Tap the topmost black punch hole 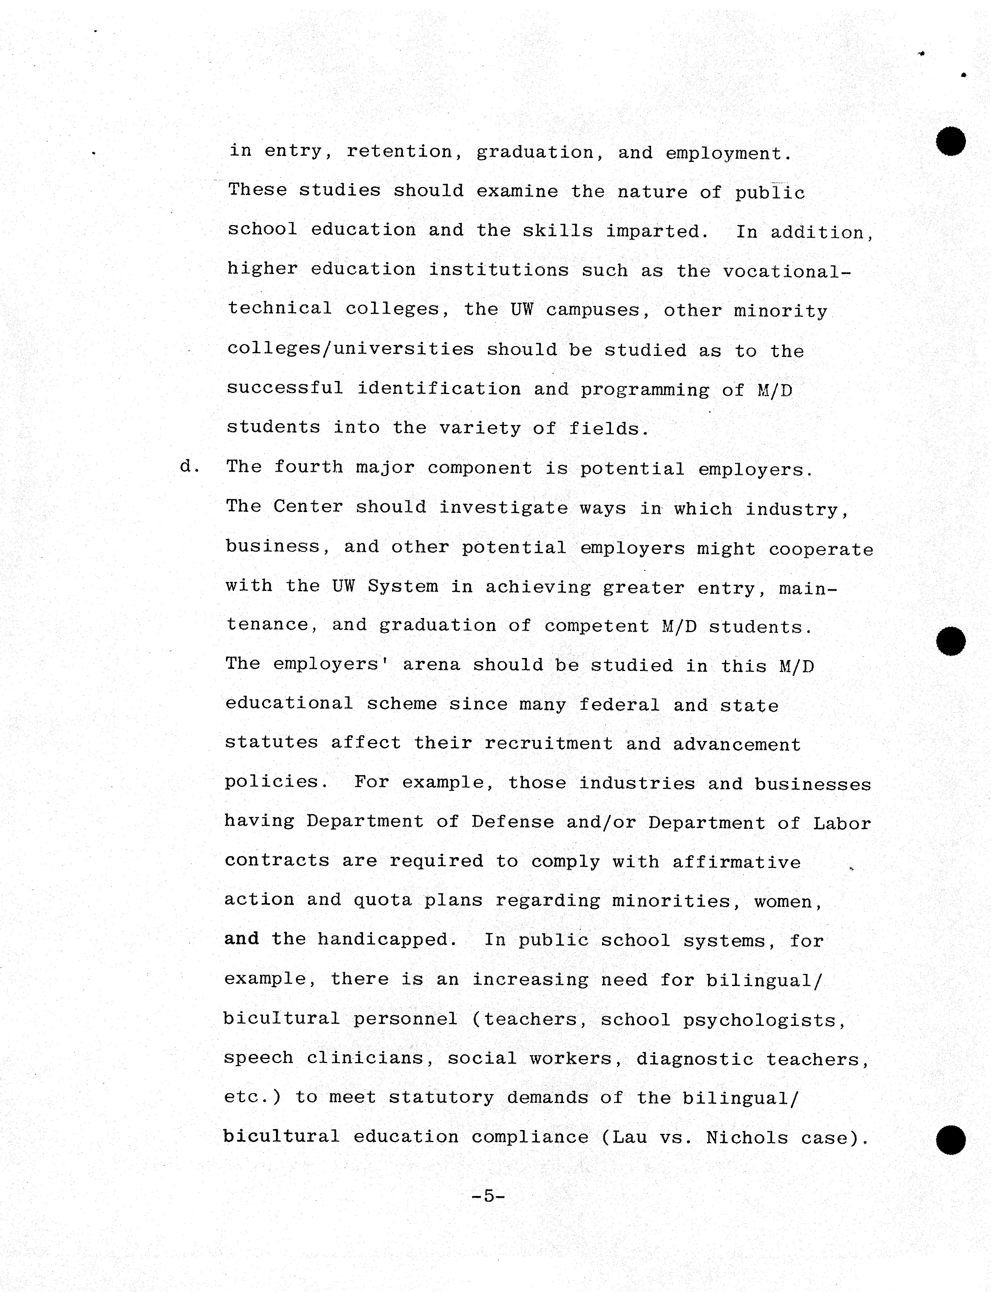click(x=950, y=142)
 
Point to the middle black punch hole click(x=950, y=641)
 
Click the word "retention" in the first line click(x=399, y=152)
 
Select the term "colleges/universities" click(x=350, y=349)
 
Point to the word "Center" click(x=308, y=506)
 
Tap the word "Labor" click(x=842, y=823)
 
